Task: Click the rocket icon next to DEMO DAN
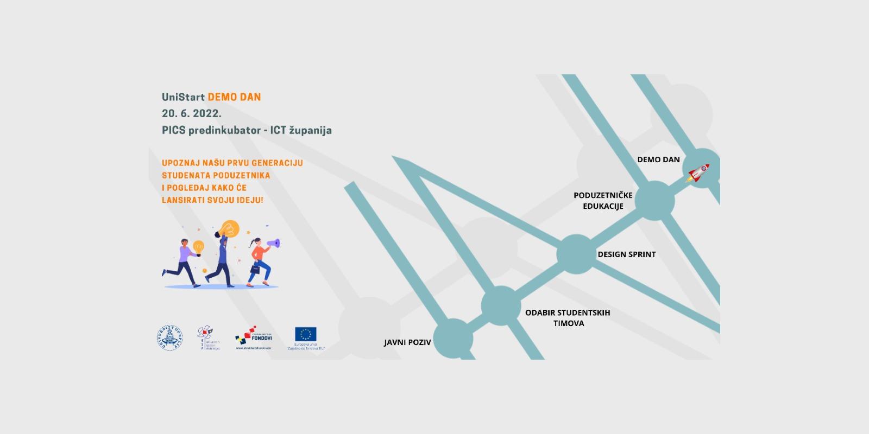[x=698, y=173]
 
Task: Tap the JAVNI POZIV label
[x=407, y=342]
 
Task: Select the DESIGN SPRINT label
[x=626, y=254]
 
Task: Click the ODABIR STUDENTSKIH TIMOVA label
[x=568, y=318]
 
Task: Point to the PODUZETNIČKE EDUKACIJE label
[x=603, y=201]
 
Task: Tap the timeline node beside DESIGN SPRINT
[x=576, y=254]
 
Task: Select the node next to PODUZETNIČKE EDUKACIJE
[x=654, y=201]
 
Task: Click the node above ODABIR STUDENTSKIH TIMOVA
[x=501, y=305]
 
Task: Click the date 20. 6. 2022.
[x=191, y=113]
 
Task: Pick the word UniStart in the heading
[x=183, y=97]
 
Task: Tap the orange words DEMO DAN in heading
[x=234, y=97]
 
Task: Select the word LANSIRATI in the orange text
[x=184, y=200]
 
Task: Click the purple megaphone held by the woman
[x=274, y=244]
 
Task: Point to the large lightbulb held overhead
[x=230, y=228]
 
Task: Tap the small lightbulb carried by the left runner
[x=198, y=247]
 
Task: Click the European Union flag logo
[x=306, y=334]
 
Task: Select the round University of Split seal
[x=169, y=338]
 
